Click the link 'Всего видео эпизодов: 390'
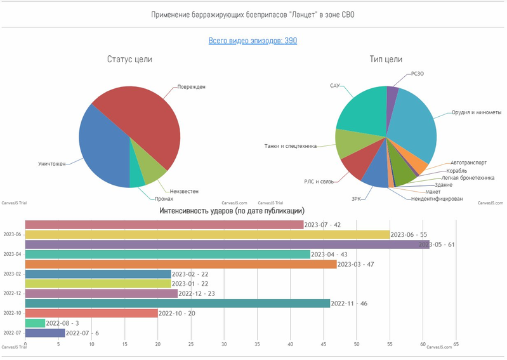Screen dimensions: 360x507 click(x=253, y=41)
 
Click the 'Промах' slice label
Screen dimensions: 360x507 click(x=164, y=199)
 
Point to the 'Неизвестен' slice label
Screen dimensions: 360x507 click(x=184, y=190)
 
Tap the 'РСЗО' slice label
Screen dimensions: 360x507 click(x=418, y=74)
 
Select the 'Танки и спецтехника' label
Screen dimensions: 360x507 click(x=290, y=146)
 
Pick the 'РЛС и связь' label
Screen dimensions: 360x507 click(x=319, y=182)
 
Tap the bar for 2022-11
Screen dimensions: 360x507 click(x=177, y=303)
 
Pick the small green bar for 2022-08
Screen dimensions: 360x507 click(x=35, y=323)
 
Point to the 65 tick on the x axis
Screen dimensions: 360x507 click(x=456, y=345)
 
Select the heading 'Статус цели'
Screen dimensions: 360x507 click(x=129, y=60)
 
